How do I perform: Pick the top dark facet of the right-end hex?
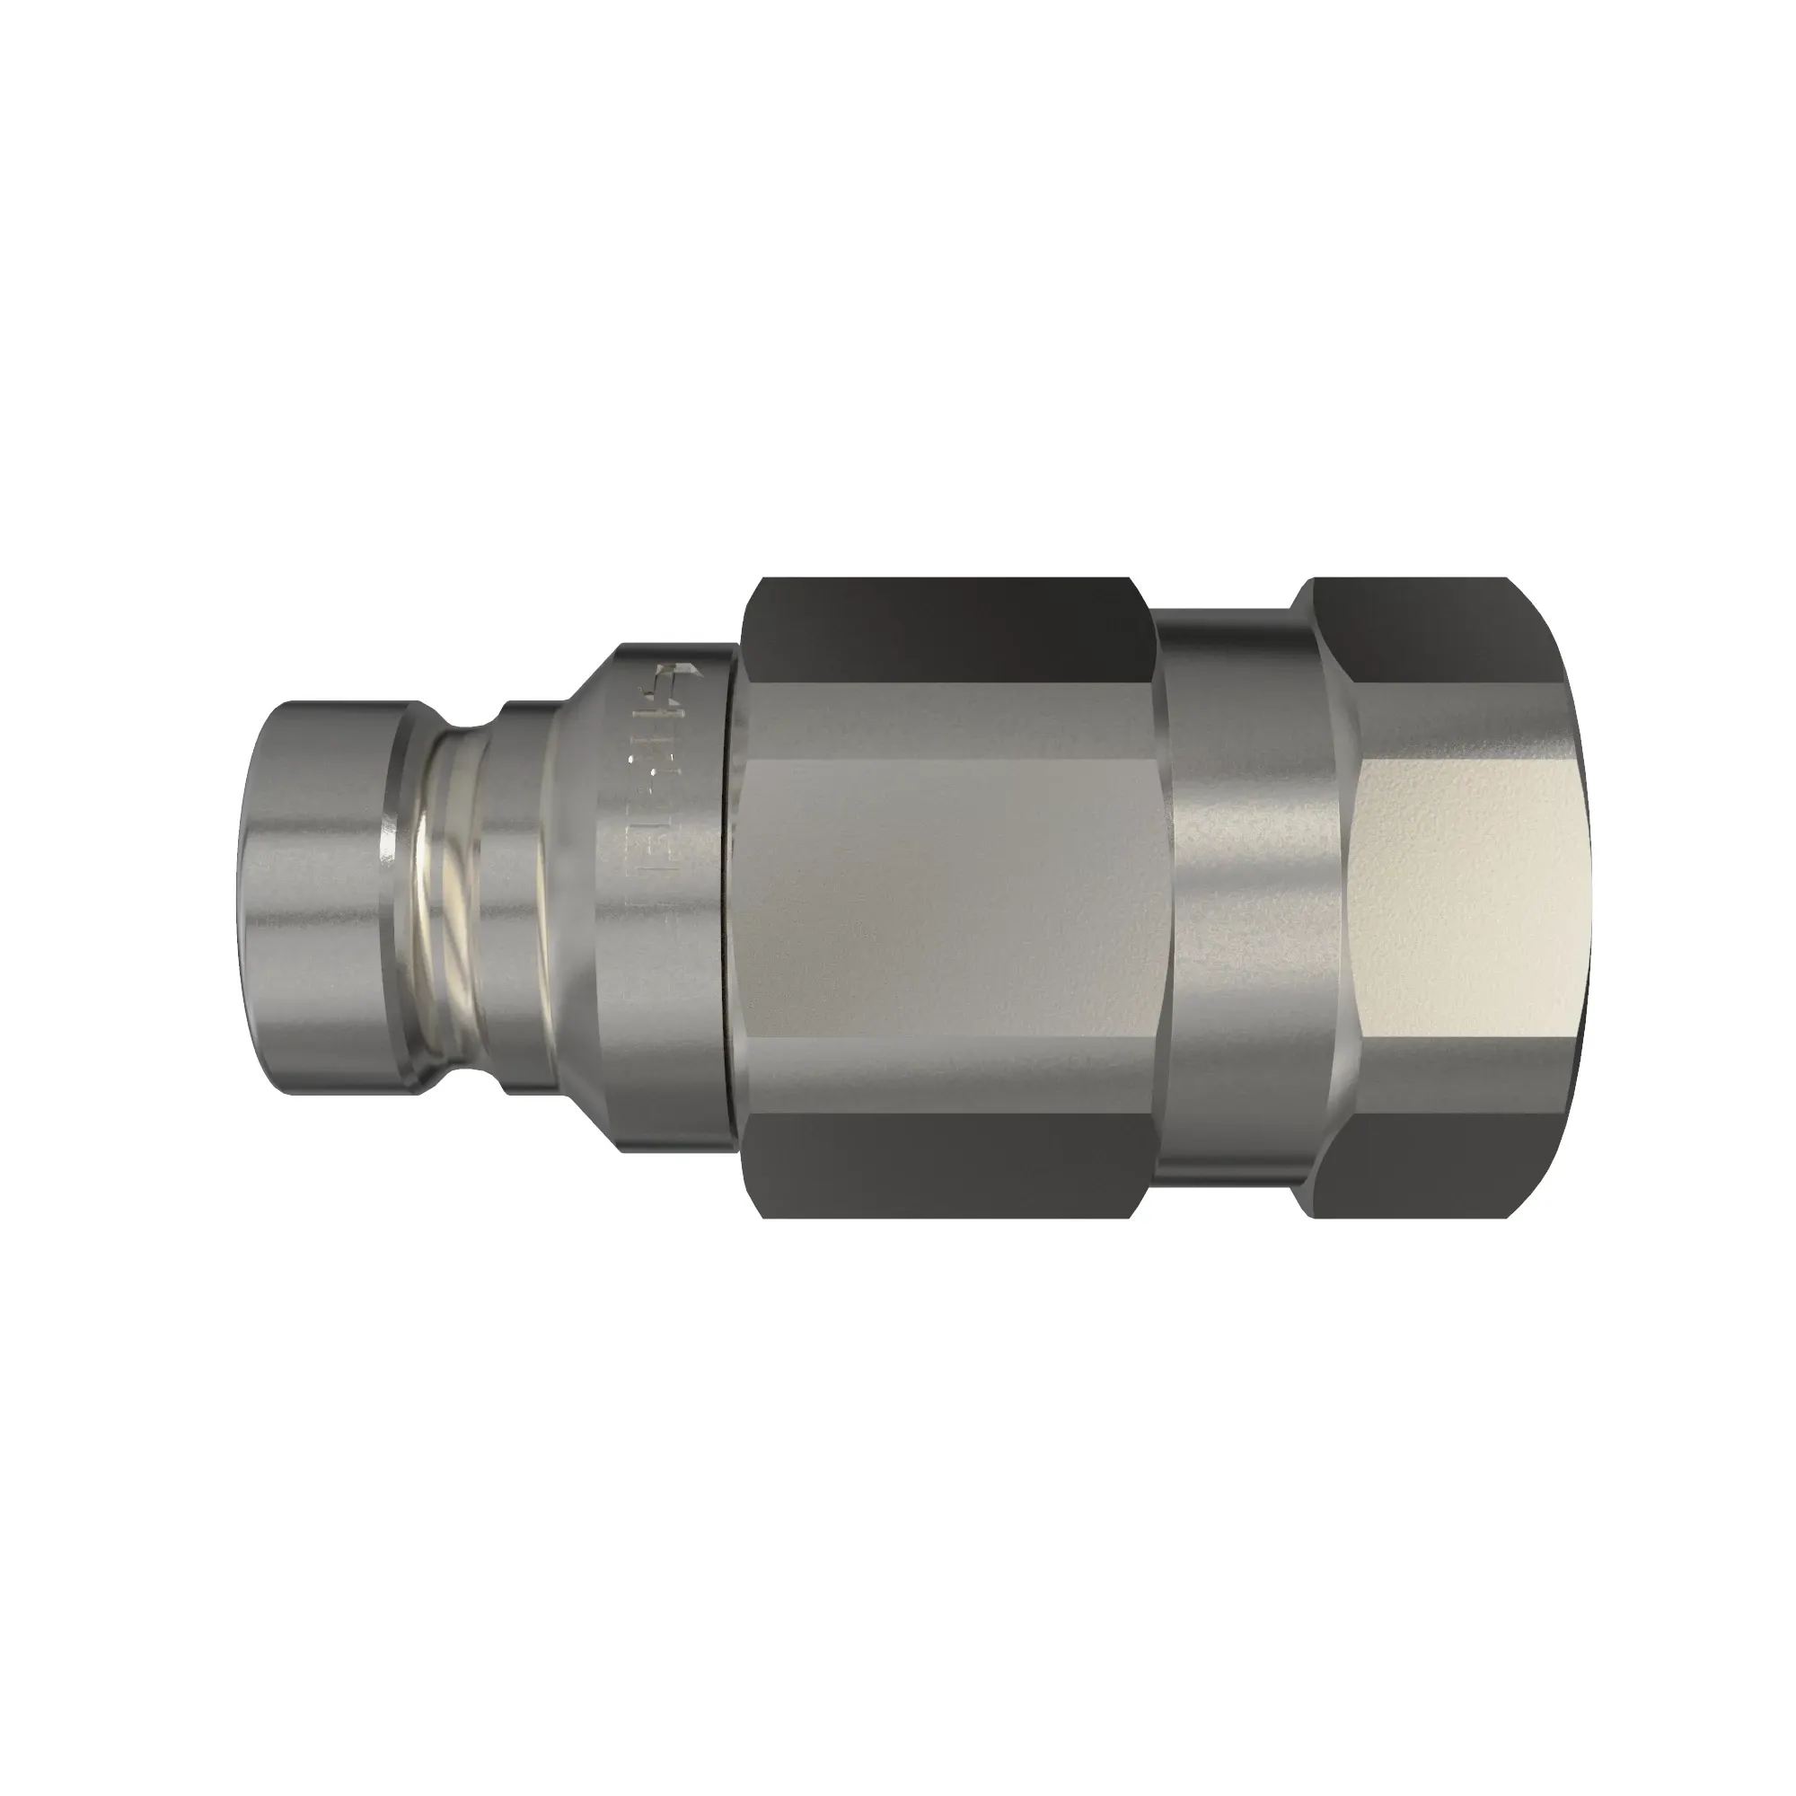pyautogui.click(x=1450, y=632)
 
